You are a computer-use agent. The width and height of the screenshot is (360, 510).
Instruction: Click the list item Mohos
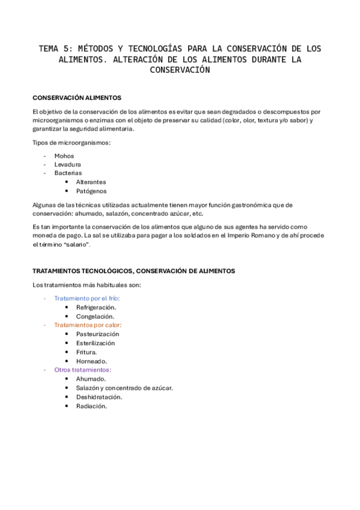click(64, 156)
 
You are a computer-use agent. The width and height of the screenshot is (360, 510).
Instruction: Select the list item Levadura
click(67, 164)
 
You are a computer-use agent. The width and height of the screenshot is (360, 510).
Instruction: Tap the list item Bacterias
click(68, 173)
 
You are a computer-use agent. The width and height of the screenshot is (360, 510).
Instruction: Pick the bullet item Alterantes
click(91, 182)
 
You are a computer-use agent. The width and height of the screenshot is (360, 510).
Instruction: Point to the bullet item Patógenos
click(91, 191)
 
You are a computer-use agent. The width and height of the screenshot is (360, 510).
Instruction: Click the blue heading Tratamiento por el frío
click(87, 298)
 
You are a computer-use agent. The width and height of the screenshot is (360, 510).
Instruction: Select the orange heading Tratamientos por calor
click(87, 325)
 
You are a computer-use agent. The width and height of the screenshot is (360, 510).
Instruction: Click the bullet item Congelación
click(95, 316)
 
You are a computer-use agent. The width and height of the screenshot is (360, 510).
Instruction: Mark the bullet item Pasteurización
click(97, 334)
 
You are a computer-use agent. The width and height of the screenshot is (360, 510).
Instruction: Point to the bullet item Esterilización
click(96, 343)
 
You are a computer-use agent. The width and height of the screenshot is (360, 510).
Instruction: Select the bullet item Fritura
click(87, 352)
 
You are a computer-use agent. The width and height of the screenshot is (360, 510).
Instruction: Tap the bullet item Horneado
click(91, 361)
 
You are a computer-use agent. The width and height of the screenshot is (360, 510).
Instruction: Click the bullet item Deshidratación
click(99, 397)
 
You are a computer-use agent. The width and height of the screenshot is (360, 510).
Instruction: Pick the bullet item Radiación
click(91, 406)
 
